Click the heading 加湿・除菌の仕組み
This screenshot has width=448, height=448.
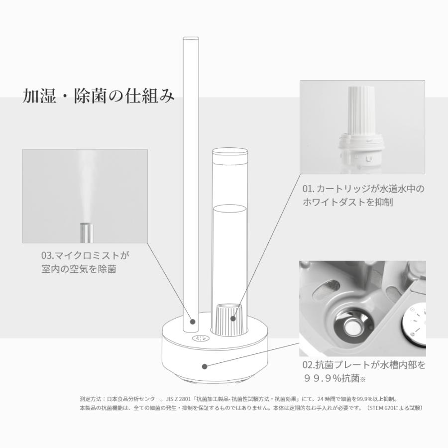(99, 96)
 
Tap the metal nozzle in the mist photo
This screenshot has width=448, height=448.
(86, 232)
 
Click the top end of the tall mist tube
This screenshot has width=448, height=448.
(190, 39)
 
